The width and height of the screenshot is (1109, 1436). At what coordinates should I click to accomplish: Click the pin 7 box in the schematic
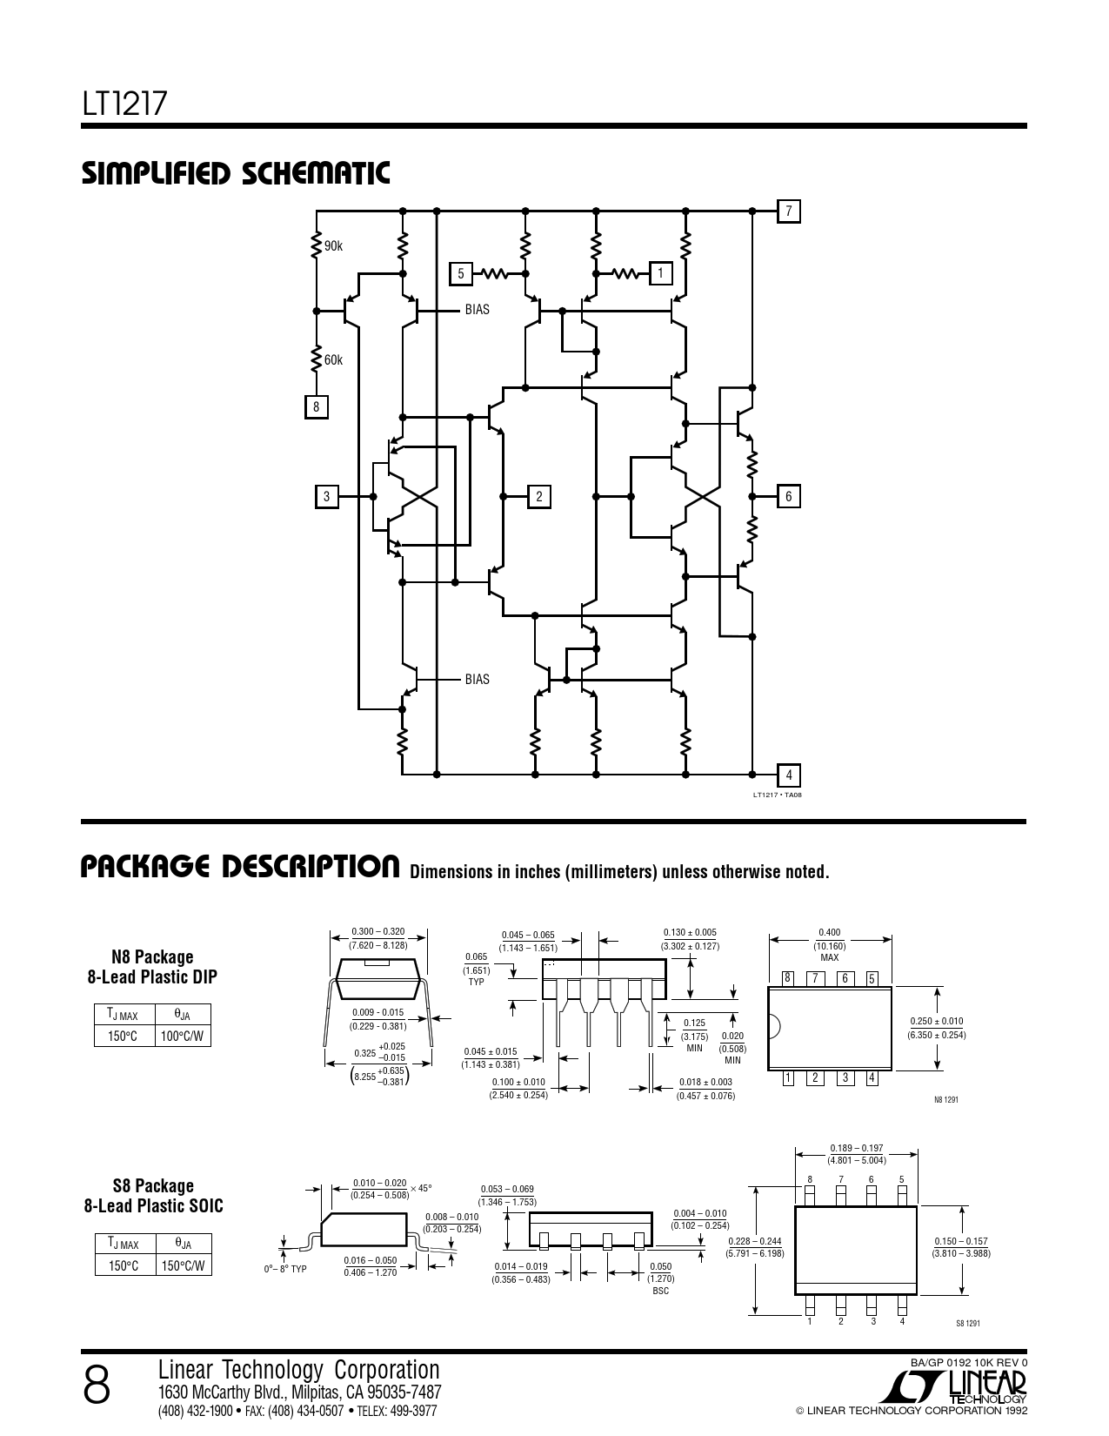(x=789, y=211)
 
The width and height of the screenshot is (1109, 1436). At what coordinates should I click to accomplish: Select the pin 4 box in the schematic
(x=789, y=775)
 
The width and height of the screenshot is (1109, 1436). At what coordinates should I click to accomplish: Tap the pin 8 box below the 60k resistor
(x=316, y=407)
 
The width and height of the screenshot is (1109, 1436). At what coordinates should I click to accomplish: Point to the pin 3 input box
(x=326, y=496)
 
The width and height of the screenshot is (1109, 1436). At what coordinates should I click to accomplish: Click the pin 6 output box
(x=789, y=496)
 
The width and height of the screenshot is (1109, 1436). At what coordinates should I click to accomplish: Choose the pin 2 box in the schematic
(x=539, y=496)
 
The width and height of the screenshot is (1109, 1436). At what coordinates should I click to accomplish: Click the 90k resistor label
(x=333, y=246)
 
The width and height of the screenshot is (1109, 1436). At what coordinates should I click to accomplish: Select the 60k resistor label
(x=333, y=360)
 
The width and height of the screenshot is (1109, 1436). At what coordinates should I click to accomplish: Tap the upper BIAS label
(x=477, y=309)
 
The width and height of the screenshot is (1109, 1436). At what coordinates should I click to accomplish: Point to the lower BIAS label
(x=477, y=679)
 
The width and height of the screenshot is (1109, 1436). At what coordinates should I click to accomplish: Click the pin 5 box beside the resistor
(x=461, y=273)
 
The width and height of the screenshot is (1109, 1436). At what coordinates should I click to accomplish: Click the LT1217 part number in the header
(x=125, y=104)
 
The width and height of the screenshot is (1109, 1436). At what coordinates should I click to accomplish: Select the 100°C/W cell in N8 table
(x=183, y=1036)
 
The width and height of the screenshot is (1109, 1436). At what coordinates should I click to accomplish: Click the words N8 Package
(x=152, y=956)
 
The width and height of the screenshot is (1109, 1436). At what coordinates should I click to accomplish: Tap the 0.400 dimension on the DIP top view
(x=830, y=932)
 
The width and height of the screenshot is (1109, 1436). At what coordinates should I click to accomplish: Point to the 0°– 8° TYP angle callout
(x=285, y=1269)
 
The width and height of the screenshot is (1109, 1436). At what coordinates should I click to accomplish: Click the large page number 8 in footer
(x=97, y=1386)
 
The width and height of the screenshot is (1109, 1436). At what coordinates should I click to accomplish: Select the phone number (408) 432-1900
(x=195, y=1411)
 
